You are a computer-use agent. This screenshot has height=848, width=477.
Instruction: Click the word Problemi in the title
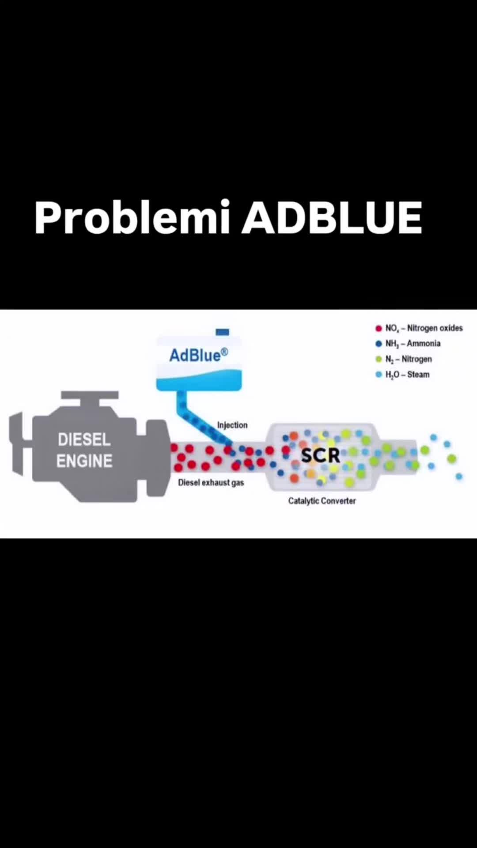[132, 218]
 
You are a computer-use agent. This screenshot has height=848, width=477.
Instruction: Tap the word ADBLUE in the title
[332, 217]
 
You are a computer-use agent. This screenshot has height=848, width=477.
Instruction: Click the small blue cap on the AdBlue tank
[222, 332]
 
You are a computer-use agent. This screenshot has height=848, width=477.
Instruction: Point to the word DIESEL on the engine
[84, 440]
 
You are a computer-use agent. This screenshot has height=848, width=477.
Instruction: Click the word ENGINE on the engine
[84, 461]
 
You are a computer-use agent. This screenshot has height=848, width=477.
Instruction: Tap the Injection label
[232, 425]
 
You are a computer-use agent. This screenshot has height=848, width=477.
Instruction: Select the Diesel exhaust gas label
[211, 482]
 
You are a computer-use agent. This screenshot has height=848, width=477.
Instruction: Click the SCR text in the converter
[320, 455]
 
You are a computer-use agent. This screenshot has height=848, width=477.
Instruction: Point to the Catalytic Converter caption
[322, 501]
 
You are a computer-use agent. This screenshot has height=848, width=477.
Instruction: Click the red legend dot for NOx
[379, 328]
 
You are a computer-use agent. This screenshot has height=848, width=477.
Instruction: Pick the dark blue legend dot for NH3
[379, 344]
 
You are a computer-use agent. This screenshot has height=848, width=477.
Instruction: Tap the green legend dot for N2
[379, 359]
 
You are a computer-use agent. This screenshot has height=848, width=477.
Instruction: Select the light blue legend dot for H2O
[379, 375]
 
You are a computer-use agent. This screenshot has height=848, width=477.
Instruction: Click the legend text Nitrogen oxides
[435, 328]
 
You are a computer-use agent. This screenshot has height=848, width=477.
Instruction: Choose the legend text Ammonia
[424, 344]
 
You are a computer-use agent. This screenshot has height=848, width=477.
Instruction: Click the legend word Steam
[418, 375]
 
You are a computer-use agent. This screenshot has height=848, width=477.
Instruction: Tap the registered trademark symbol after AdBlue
[224, 352]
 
